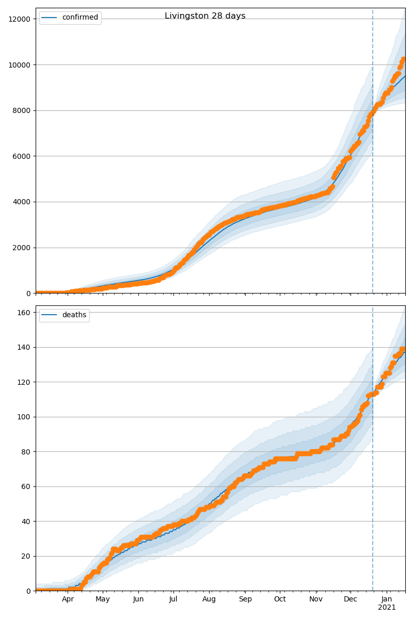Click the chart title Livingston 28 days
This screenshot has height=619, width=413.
pyautogui.click(x=205, y=16)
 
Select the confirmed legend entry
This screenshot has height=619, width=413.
pyautogui.click(x=80, y=18)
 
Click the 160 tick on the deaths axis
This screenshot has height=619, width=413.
pyautogui.click(x=24, y=313)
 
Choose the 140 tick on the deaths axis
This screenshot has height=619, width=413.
pyautogui.click(x=24, y=347)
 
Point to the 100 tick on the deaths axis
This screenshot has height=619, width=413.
pyautogui.click(x=24, y=417)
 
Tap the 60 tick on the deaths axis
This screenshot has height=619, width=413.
pyautogui.click(x=26, y=486)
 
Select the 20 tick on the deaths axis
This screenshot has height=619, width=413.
pyautogui.click(x=26, y=556)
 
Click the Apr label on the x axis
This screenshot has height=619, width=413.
pyautogui.click(x=68, y=599)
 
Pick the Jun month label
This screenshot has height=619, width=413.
pyautogui.click(x=138, y=599)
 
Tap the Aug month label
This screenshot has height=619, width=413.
pyautogui.click(x=209, y=599)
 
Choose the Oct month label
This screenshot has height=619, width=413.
pyautogui.click(x=280, y=599)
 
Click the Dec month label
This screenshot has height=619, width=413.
pyautogui.click(x=351, y=599)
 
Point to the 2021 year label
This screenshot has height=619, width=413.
pyautogui.click(x=387, y=608)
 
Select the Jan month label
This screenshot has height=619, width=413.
pyautogui.click(x=387, y=599)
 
